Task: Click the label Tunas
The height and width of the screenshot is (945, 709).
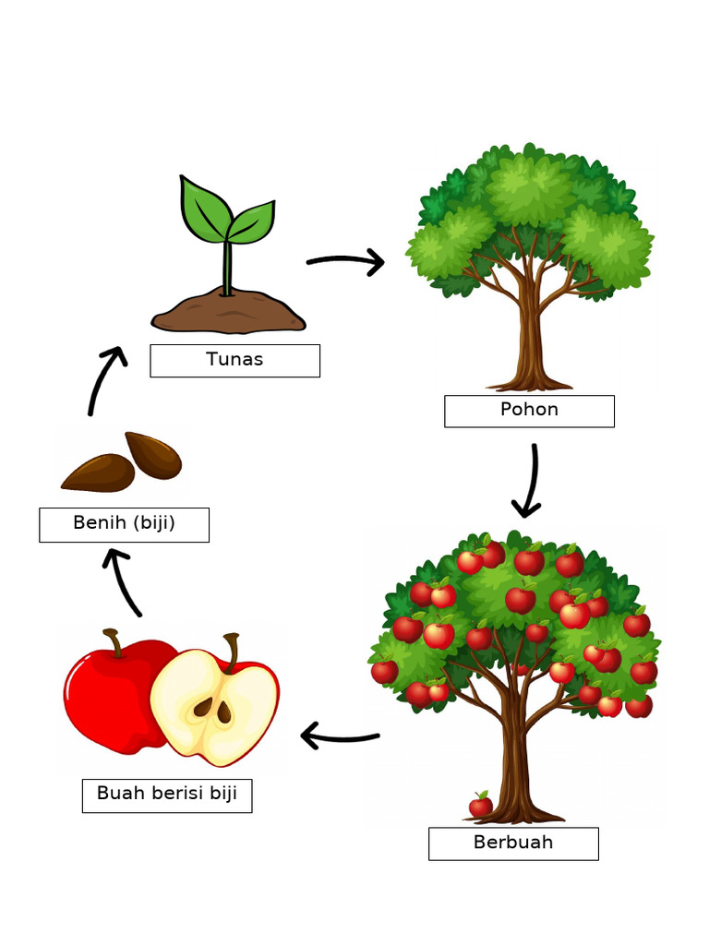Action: pos(234,359)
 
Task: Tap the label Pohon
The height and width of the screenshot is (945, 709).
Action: pos(529,409)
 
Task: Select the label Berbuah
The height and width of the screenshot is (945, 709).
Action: pos(513,842)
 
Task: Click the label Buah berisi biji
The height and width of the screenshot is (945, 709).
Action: pos(167,793)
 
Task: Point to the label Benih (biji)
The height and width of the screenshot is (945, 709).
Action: pos(125,522)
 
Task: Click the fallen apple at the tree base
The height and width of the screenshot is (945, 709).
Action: pos(481,805)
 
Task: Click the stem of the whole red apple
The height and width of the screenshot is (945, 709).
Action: pos(114,642)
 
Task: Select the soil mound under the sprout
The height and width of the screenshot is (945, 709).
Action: pos(229,312)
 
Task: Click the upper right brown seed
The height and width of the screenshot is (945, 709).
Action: pos(154,454)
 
